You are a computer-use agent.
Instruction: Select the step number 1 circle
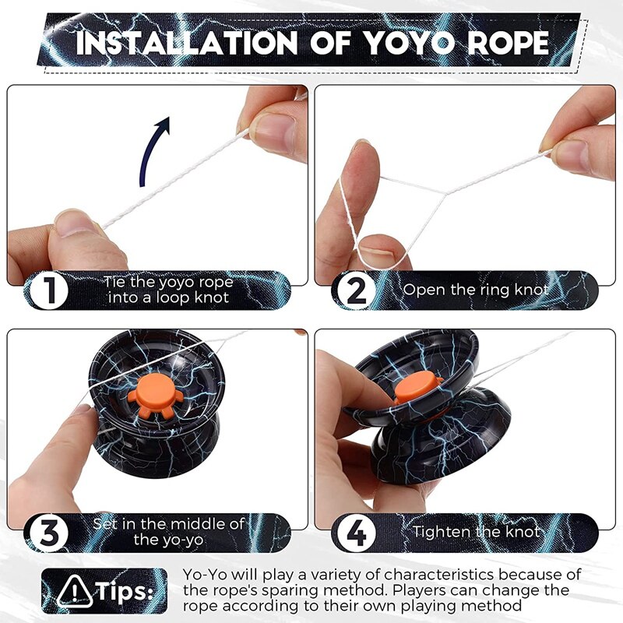point(48,291)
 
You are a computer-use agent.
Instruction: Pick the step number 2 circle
point(355,291)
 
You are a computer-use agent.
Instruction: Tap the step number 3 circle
point(48,533)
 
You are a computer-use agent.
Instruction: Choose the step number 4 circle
point(355,533)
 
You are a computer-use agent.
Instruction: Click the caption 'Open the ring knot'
point(476,290)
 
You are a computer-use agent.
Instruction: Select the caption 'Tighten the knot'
point(476,532)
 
